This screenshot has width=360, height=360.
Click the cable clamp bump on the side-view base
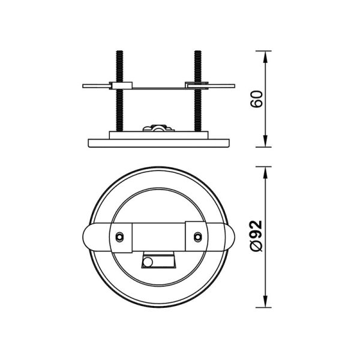click(x=158, y=128)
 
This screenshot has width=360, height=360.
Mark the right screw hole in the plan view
click(x=197, y=236)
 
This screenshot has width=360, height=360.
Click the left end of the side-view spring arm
click(x=86, y=86)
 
